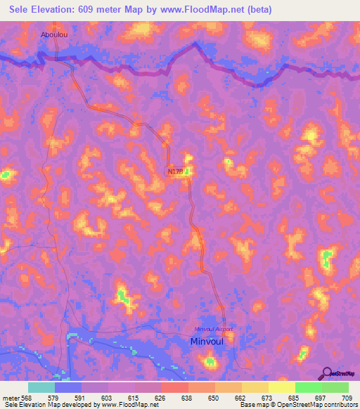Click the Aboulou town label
coord(56,33)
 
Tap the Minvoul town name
coord(209,342)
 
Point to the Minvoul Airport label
coord(213,329)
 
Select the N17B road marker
coord(175,171)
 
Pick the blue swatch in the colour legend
coord(68,387)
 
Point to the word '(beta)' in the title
coord(256,9)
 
